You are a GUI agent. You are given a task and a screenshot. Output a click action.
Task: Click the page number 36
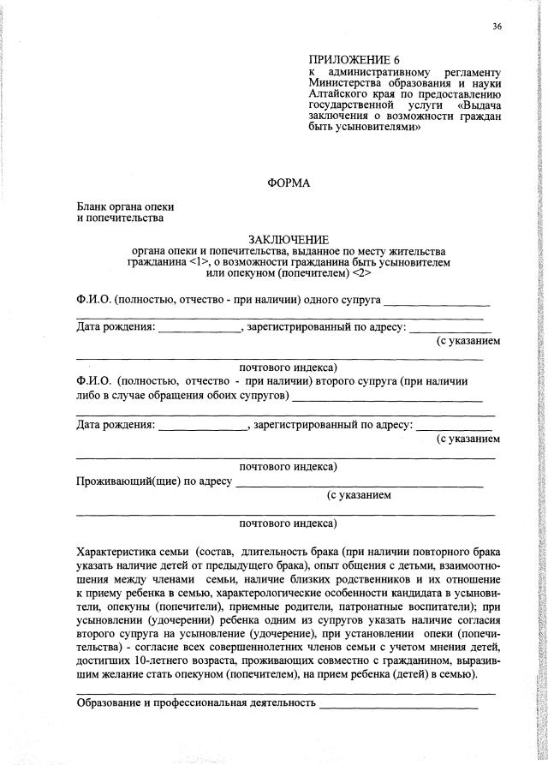click(x=497, y=27)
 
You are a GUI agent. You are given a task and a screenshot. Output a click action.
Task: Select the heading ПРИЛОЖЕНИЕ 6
click(x=354, y=60)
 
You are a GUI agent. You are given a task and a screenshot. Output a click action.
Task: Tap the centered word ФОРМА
click(x=289, y=183)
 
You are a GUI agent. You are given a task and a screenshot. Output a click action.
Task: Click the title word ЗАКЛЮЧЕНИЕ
click(x=289, y=239)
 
